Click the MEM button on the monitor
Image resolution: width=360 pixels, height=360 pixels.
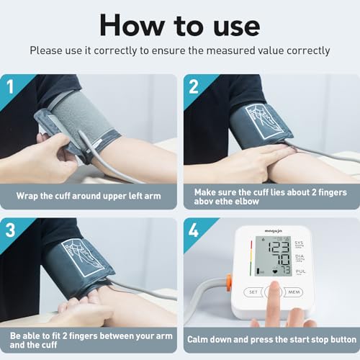point(293,292)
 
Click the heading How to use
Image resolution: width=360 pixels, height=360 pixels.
point(179,24)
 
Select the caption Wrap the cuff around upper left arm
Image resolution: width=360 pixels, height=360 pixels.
point(89,195)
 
